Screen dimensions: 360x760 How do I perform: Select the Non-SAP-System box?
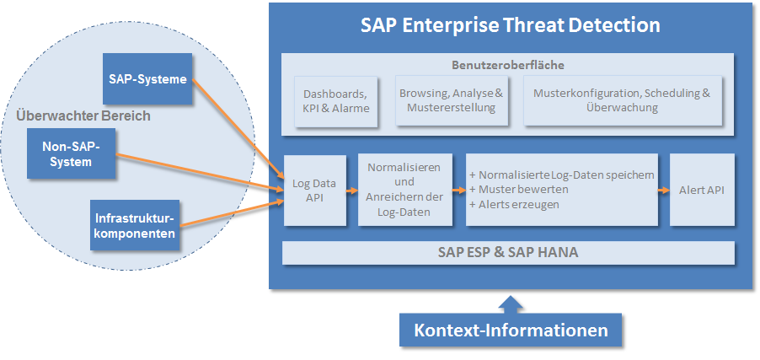click(71, 153)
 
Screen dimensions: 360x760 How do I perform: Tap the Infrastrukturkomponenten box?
click(136, 225)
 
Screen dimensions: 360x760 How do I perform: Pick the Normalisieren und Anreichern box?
click(404, 191)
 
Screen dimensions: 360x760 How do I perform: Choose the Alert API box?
click(701, 191)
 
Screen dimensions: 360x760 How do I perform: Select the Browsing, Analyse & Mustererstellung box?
click(451, 101)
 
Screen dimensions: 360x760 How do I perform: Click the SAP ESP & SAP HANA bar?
click(507, 252)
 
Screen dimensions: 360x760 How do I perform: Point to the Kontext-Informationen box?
click(511, 330)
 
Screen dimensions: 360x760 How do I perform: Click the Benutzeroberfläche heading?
click(508, 64)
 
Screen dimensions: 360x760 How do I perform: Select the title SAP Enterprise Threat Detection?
click(510, 24)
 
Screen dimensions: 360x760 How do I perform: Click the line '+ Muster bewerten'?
click(514, 190)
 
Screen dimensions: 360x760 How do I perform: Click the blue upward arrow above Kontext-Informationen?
click(511, 303)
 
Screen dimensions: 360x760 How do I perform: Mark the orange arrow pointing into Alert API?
click(663, 191)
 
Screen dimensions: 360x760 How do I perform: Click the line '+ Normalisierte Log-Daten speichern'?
click(561, 175)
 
